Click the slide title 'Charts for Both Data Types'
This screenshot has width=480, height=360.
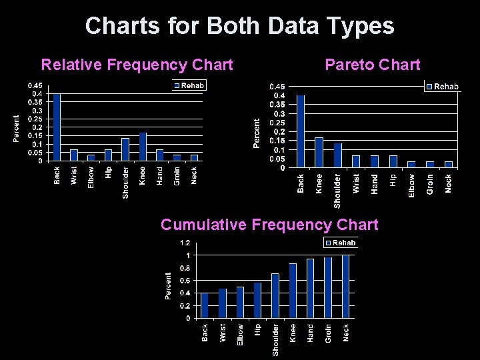(x=239, y=26)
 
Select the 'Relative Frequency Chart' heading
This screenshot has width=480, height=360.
(x=137, y=65)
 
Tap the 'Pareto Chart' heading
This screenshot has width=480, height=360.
(x=372, y=65)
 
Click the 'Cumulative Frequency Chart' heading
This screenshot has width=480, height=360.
(x=269, y=225)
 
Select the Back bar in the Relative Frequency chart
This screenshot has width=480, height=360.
(x=57, y=127)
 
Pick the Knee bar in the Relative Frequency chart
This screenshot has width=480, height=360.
(x=143, y=147)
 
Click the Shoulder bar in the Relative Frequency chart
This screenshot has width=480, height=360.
(x=125, y=149)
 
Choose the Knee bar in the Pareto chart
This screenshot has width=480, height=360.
(x=319, y=152)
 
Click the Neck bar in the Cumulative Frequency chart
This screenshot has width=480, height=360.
(x=345, y=287)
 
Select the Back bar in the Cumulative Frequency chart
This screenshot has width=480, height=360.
(x=205, y=305)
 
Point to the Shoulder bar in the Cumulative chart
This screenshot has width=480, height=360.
(x=275, y=295)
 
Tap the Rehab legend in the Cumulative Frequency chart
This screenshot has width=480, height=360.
(x=341, y=243)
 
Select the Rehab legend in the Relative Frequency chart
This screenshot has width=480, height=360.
(x=190, y=85)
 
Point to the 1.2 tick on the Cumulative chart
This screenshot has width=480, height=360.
(x=183, y=243)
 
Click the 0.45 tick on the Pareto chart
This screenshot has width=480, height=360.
(x=277, y=87)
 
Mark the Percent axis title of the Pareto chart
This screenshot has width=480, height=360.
(x=257, y=133)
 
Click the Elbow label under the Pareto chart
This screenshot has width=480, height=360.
(x=411, y=184)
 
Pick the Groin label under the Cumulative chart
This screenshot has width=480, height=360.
(x=328, y=333)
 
